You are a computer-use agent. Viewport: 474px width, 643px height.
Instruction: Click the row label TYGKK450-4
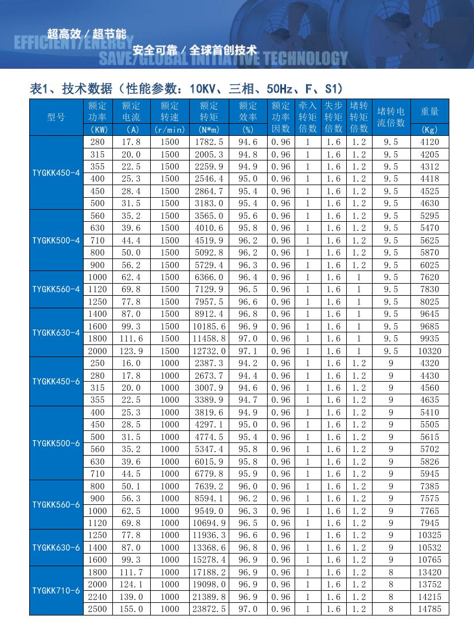tap(56, 172)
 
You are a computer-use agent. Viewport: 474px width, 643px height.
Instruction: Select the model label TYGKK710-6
tap(56, 590)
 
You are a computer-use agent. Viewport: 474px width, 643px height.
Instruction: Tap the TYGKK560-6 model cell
tap(56, 504)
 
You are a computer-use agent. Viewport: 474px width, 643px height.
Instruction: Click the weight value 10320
tap(429, 351)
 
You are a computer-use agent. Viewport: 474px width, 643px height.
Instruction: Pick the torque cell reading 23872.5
tap(209, 609)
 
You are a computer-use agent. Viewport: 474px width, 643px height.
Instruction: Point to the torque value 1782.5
tap(209, 142)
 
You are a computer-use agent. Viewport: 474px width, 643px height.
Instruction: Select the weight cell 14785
tap(429, 609)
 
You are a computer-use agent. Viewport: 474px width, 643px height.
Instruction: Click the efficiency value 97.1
tap(248, 351)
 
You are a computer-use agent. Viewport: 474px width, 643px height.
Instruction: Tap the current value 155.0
tap(131, 609)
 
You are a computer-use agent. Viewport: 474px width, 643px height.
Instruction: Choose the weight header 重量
tap(429, 111)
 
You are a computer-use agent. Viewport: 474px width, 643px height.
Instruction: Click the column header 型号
tap(56, 117)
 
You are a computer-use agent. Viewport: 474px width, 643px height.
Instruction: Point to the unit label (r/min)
tap(170, 130)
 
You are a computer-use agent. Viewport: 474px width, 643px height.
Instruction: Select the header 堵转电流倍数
tap(391, 116)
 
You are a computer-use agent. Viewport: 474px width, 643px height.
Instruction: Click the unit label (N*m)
tap(209, 130)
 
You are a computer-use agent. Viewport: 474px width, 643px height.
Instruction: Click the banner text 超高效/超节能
tap(87, 34)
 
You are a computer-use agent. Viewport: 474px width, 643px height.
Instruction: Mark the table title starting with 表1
tap(186, 88)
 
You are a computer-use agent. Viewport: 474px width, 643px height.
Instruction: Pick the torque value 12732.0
tap(209, 351)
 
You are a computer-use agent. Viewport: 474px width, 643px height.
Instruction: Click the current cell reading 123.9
tap(131, 351)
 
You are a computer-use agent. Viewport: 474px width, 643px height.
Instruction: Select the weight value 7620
tap(429, 277)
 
